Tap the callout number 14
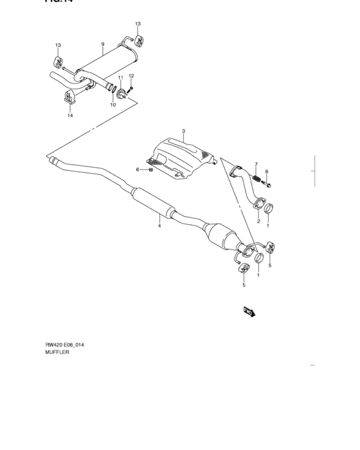(70, 116)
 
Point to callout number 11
(120, 78)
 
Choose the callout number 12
(131, 76)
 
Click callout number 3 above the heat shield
(183, 131)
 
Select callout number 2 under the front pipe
(258, 221)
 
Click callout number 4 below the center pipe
(159, 224)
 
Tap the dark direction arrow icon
(249, 312)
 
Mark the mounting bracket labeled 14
(70, 101)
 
